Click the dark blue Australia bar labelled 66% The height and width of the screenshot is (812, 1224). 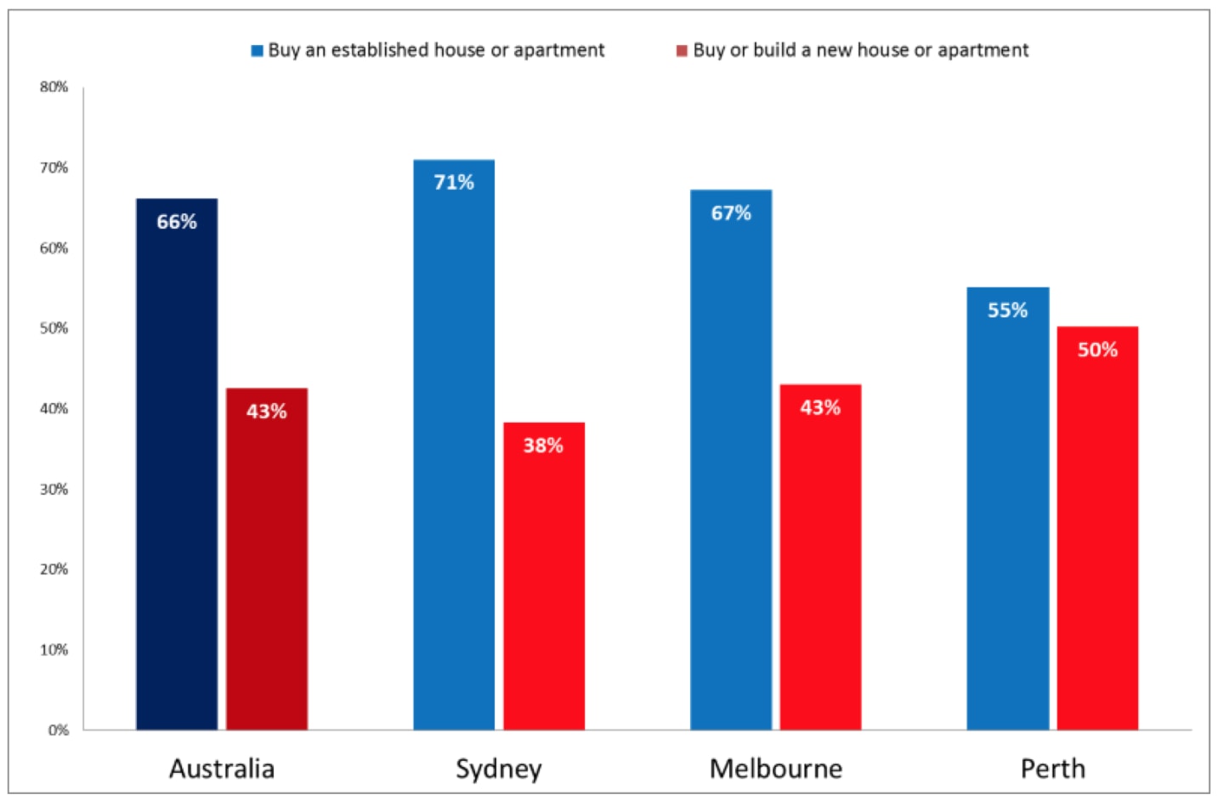coord(177,464)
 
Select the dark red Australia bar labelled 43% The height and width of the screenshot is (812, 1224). coord(267,559)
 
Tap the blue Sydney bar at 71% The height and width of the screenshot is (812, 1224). coord(454,445)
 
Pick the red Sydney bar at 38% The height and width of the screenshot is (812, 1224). coord(544,576)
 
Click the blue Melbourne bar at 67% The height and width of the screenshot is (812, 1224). coord(731,459)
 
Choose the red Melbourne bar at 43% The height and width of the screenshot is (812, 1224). coord(821,558)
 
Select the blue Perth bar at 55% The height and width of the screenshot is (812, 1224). coord(1008,508)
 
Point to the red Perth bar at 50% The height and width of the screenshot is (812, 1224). coord(1098,528)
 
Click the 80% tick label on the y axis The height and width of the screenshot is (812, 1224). coord(54,87)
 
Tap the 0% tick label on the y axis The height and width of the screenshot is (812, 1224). coord(59,730)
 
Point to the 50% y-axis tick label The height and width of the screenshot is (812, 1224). coord(54,328)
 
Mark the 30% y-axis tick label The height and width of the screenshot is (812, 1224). coord(54,489)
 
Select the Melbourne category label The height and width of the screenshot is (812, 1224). coord(776,769)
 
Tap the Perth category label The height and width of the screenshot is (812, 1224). coord(1053,769)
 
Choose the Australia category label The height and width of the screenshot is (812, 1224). coord(222,769)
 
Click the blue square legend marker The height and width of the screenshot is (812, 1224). coord(257,51)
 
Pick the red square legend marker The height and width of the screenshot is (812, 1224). coord(682,51)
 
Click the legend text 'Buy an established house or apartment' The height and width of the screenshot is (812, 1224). coord(436,50)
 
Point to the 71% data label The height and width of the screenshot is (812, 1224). coord(454,183)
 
